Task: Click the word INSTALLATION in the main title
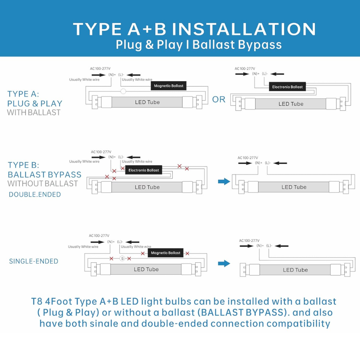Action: pyautogui.click(x=247, y=29)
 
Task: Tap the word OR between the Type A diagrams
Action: pyautogui.click(x=219, y=99)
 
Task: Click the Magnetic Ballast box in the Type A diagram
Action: pyautogui.click(x=168, y=86)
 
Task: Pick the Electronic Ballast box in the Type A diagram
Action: pyautogui.click(x=288, y=87)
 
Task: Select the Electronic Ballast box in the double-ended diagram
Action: pyautogui.click(x=144, y=170)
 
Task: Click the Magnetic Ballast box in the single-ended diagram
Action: pyautogui.click(x=166, y=253)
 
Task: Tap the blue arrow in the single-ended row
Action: pyautogui.click(x=224, y=263)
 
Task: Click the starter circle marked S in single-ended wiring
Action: pyautogui.click(x=123, y=259)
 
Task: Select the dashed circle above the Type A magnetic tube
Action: pyautogui.click(x=124, y=91)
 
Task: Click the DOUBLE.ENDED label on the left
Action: pyautogui.click(x=35, y=194)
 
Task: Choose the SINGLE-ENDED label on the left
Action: pyautogui.click(x=34, y=261)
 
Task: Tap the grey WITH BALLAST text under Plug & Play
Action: pyautogui.click(x=34, y=112)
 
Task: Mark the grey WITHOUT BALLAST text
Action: pyautogui.click(x=42, y=184)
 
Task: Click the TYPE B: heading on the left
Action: pyautogui.click(x=24, y=165)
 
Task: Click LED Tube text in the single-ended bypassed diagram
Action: pyautogui.click(x=295, y=270)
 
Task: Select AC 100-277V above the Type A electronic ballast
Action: pyautogui.click(x=245, y=69)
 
